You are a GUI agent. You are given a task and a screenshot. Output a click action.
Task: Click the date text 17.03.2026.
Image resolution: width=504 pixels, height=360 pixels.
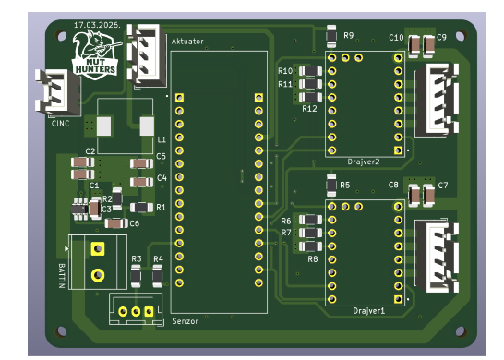(x=98, y=25)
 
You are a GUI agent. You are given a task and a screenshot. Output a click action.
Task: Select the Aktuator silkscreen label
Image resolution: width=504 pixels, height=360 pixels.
(x=187, y=42)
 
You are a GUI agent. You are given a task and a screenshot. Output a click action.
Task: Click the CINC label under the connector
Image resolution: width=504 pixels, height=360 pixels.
(x=60, y=124)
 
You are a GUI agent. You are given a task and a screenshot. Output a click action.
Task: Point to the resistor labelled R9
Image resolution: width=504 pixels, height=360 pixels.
(x=331, y=36)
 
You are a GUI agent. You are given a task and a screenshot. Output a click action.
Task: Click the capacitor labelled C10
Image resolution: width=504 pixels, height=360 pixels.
(x=414, y=44)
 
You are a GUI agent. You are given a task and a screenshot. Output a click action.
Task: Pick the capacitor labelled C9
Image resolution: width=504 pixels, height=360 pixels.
(x=429, y=44)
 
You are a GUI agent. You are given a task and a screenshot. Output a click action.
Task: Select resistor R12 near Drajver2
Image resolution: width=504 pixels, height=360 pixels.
(x=310, y=97)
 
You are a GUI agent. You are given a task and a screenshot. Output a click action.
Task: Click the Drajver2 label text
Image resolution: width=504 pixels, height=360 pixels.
(x=364, y=162)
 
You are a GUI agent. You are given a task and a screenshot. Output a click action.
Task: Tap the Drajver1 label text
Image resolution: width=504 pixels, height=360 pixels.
(x=368, y=311)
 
